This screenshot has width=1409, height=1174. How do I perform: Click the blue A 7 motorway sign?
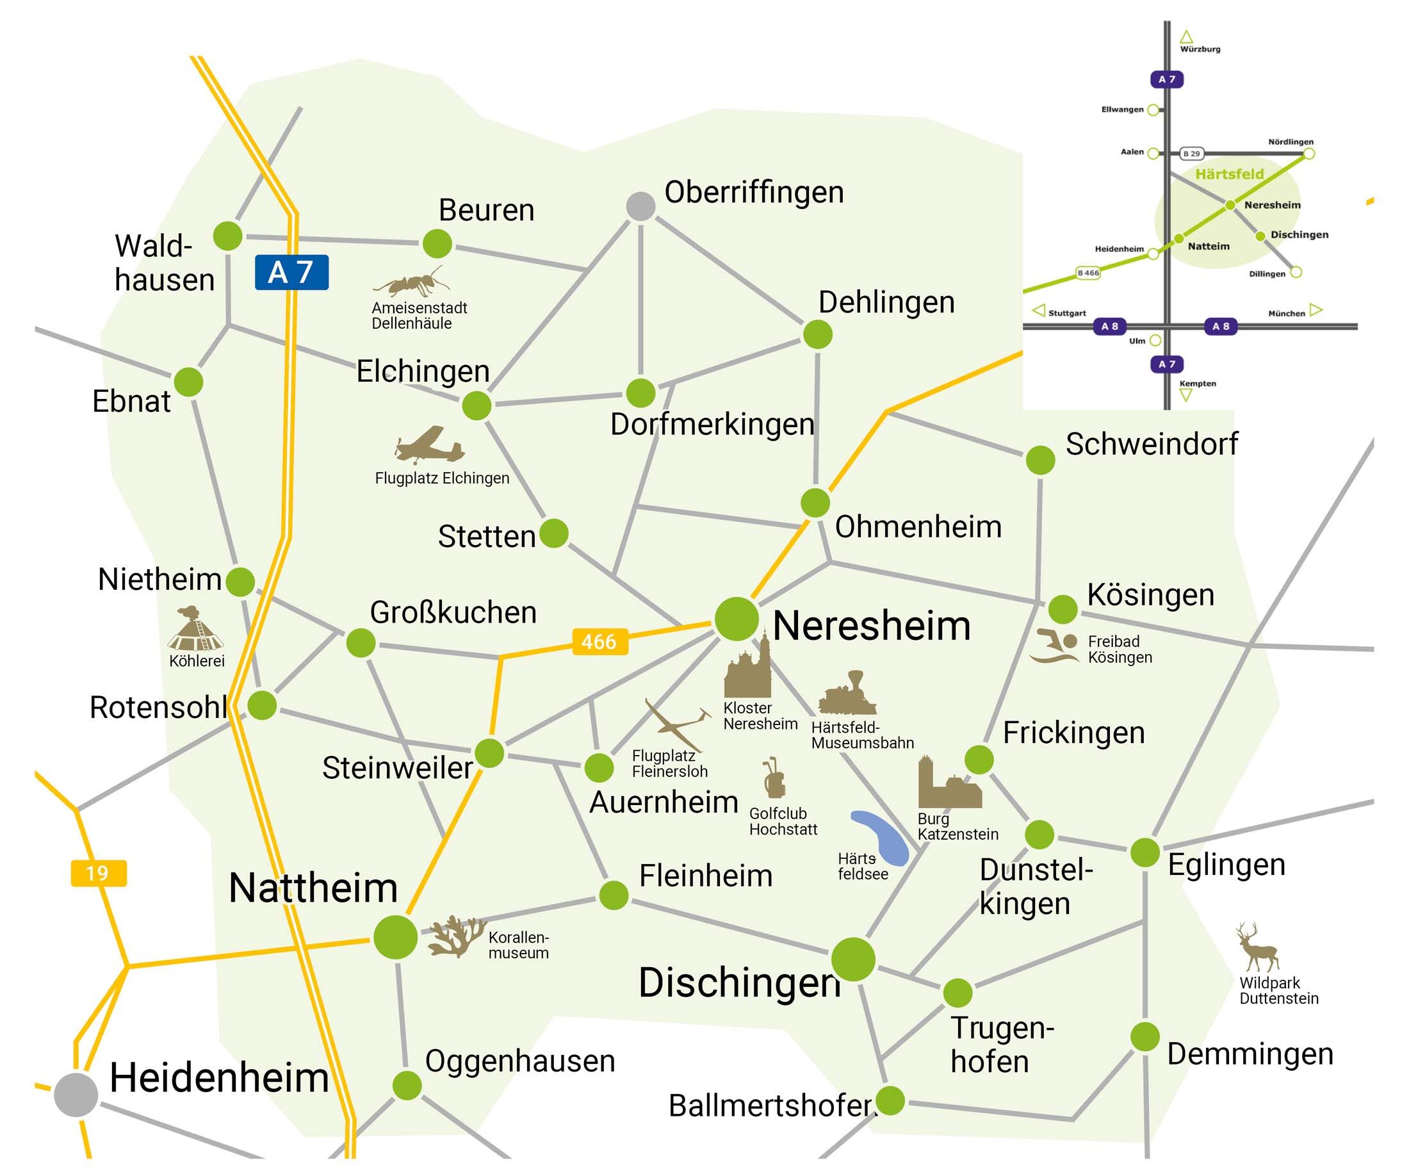click(x=291, y=272)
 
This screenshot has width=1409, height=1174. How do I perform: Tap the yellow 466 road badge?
click(x=599, y=641)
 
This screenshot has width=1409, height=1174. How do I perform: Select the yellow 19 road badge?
click(x=98, y=873)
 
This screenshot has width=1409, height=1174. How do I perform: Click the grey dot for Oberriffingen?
click(x=640, y=206)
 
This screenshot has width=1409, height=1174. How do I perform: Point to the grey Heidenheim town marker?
click(x=76, y=1095)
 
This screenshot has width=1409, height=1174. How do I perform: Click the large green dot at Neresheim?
click(x=736, y=619)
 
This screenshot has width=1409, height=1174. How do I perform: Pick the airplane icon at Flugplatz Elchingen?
click(x=428, y=444)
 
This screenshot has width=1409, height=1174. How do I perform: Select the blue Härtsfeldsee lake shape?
click(x=880, y=837)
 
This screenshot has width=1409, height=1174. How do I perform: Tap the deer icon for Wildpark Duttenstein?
click(x=1257, y=947)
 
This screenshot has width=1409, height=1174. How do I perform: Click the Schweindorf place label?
click(x=1152, y=444)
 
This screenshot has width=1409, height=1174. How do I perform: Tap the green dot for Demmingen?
click(x=1144, y=1036)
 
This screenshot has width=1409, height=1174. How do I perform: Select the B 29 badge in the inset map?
click(x=1192, y=154)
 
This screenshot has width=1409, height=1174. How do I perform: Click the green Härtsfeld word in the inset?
click(x=1229, y=174)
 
